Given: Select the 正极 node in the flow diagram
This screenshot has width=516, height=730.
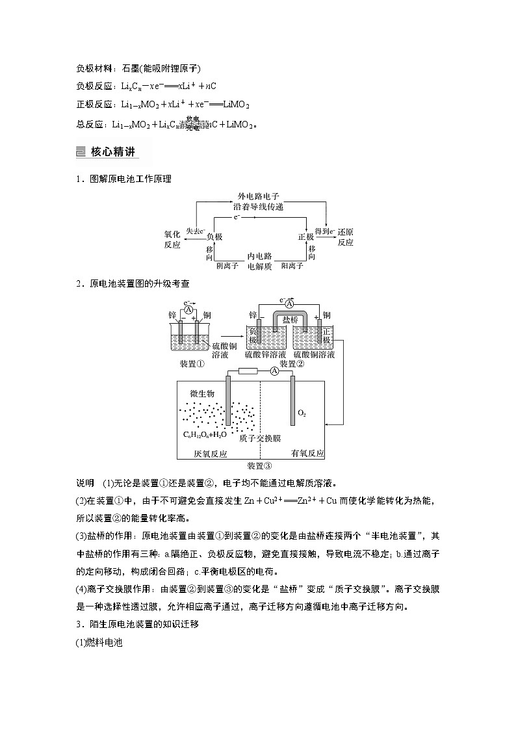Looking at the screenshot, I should (x=305, y=237).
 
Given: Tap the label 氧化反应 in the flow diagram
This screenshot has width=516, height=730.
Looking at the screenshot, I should (x=172, y=237).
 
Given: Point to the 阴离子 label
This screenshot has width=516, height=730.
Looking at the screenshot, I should (x=227, y=266).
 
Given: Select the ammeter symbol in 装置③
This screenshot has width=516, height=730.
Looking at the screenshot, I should (x=274, y=371).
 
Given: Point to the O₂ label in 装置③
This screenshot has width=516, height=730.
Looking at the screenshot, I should (x=302, y=413).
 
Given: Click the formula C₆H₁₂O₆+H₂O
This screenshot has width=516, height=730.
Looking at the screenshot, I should (x=205, y=434).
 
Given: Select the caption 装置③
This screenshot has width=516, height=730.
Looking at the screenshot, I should (x=259, y=465).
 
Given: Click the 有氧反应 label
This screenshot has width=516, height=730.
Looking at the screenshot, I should (x=308, y=453).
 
